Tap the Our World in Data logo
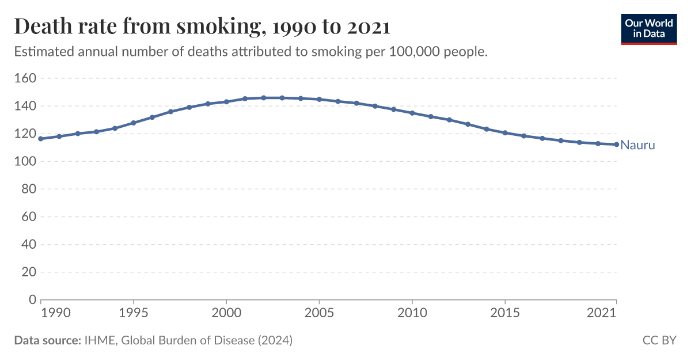pyautogui.click(x=648, y=28)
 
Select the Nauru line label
pyautogui.click(x=637, y=146)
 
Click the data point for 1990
pyautogui.click(x=40, y=139)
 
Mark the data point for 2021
pyautogui.click(x=617, y=145)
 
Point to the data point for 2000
pyautogui.click(x=226, y=102)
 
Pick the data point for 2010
pyautogui.click(x=412, y=113)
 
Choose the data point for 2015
pyautogui.click(x=505, y=133)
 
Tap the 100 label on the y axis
pyautogui.click(x=25, y=162)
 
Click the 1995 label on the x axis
pyautogui.click(x=133, y=313)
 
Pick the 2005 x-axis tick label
pyautogui.click(x=319, y=313)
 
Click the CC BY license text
pyautogui.click(x=659, y=340)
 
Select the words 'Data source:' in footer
pyautogui.click(x=47, y=340)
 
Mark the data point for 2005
pyautogui.click(x=319, y=99)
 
